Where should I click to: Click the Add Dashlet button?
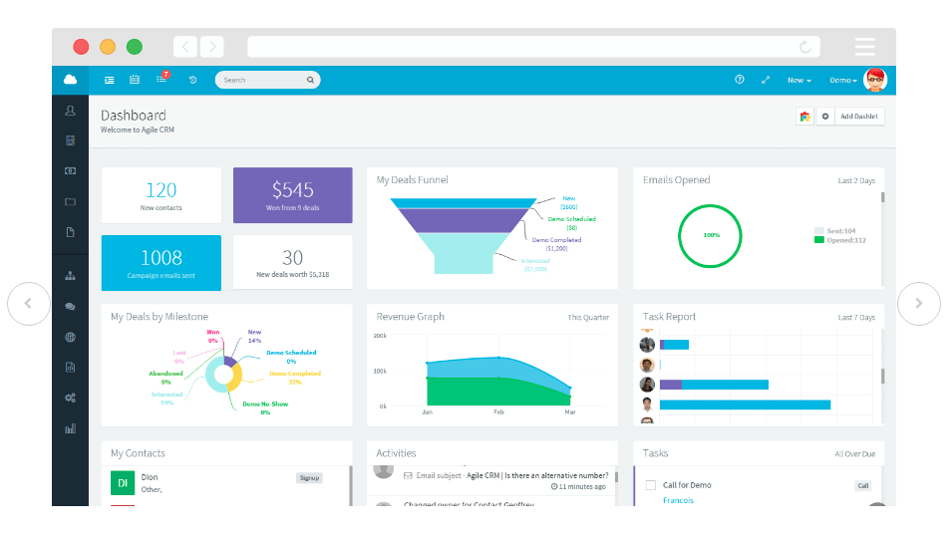858,117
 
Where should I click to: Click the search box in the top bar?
265,80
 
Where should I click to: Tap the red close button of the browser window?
81,47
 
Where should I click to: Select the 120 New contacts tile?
160,195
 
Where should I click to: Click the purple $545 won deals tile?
292,195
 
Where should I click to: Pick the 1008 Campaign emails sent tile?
160,263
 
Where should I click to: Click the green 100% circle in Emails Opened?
711,235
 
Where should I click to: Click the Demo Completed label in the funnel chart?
556,240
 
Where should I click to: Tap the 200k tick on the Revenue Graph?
380,336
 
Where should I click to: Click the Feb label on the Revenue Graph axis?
498,411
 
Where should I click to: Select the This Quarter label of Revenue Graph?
588,318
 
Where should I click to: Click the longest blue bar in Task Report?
745,405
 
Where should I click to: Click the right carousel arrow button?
918,304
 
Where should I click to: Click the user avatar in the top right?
874,80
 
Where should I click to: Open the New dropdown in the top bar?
798,80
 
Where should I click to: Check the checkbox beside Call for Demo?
650,485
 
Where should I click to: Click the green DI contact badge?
123,483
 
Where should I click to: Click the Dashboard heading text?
134,116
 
